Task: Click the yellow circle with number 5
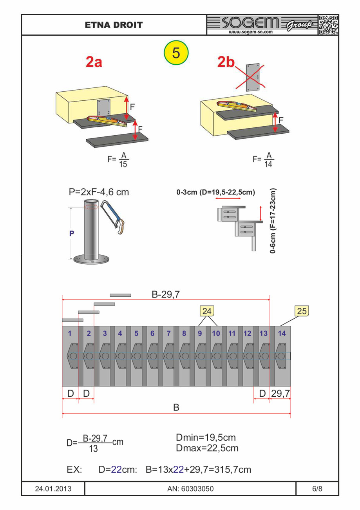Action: pos(176,53)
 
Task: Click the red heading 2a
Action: pos(94,62)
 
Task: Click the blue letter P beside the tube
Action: pos(72,233)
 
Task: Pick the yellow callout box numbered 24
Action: pos(207,311)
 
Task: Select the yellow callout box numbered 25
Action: pos(302,311)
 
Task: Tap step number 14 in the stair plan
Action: pos(281,334)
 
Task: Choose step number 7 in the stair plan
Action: pos(168,334)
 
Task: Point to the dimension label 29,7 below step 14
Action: pos(280,393)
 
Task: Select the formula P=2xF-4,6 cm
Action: pos(98,192)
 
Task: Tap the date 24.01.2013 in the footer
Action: pos(53,489)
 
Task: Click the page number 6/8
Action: pos(317,489)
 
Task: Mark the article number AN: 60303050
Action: pos(190,489)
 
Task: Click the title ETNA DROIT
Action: pos(114,25)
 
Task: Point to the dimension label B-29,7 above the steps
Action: pos(166,295)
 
